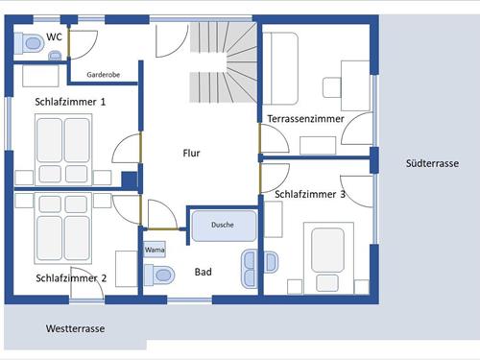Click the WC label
click(54, 37)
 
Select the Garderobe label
click(104, 75)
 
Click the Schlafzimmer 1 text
click(70, 102)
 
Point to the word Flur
click(191, 153)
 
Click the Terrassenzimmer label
click(306, 119)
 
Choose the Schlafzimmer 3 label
click(310, 194)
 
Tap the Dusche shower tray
click(224, 226)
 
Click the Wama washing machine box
click(155, 250)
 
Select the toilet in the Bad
click(159, 275)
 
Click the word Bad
click(204, 272)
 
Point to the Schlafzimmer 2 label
click(71, 278)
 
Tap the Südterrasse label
click(432, 163)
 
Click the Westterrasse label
click(75, 328)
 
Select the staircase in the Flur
click(224, 62)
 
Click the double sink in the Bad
click(250, 269)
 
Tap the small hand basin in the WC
click(55, 56)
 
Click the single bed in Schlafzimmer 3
click(328, 258)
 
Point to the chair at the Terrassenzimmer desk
click(332, 87)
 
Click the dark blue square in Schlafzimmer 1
click(130, 180)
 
